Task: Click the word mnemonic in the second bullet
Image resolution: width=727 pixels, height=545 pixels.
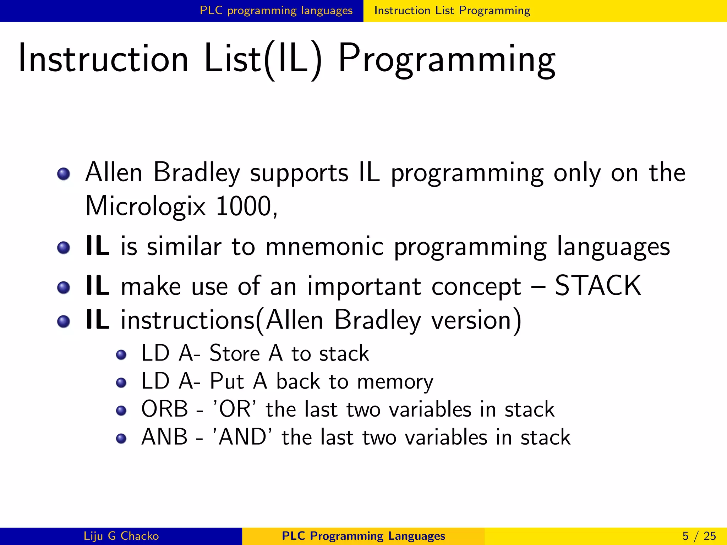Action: pos(324,246)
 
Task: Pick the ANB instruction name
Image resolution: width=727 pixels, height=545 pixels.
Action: pos(164,437)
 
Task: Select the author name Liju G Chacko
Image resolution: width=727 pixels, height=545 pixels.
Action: pos(121,536)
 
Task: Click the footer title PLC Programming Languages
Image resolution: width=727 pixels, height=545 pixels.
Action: pos(363,536)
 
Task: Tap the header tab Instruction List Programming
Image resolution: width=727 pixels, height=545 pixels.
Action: pos(452,11)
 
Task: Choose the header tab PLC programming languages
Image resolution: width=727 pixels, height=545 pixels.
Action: pos(276,11)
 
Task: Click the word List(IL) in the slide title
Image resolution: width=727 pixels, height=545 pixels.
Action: pos(263,59)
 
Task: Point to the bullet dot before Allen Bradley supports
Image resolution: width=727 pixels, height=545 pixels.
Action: pos(64,174)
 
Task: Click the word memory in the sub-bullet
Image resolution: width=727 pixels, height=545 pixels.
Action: pos(395,382)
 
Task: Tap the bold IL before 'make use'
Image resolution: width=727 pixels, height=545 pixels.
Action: pos(97,286)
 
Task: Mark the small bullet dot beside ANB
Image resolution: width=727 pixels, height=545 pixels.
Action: pos(121,439)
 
